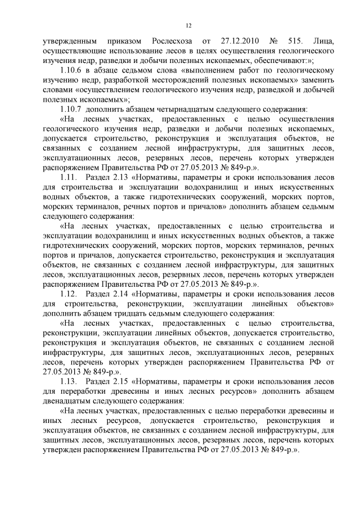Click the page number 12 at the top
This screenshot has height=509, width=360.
pyautogui.click(x=188, y=25)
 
